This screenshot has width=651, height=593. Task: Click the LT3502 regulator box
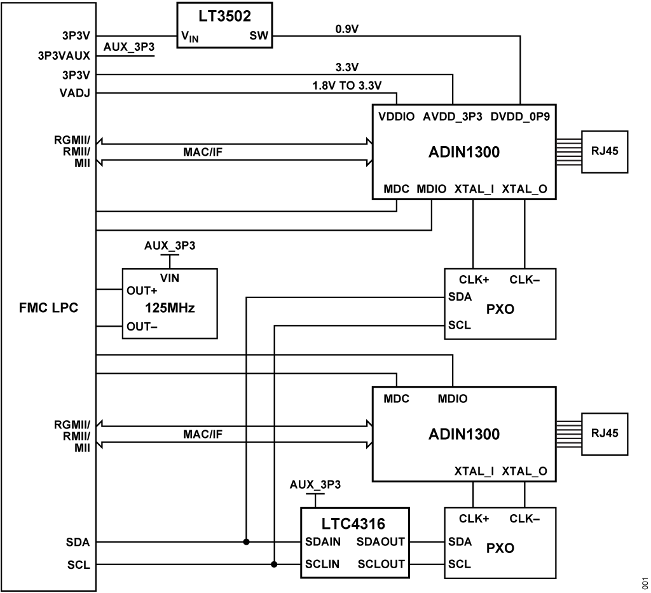[x=224, y=26]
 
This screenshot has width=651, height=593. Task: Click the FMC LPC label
[x=48, y=311]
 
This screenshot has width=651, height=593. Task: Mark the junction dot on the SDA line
[x=246, y=542]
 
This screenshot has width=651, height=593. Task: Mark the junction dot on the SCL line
[x=274, y=564]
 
